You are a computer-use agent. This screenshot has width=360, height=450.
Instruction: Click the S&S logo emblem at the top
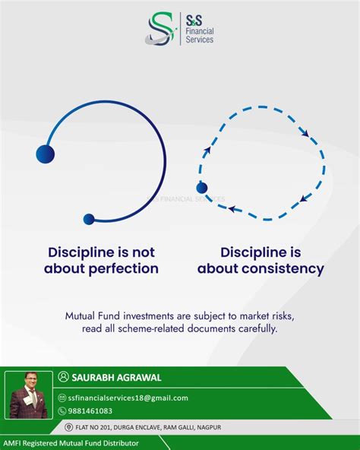162,28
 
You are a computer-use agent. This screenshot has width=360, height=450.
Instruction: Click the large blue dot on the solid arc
46,154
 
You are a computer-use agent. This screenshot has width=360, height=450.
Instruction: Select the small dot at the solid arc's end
89,219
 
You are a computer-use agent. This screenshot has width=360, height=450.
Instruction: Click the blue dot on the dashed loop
201,187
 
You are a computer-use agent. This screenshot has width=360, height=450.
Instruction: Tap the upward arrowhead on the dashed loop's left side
204,151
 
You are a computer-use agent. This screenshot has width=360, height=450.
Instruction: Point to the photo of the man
29,395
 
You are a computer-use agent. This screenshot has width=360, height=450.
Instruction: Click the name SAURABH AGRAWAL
116,377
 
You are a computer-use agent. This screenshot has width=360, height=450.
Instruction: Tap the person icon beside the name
63,377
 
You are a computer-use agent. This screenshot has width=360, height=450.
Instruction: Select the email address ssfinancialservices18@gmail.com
127,398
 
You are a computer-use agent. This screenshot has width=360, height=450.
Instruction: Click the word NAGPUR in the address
234,427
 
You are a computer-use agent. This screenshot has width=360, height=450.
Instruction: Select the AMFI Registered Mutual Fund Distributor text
72,442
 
